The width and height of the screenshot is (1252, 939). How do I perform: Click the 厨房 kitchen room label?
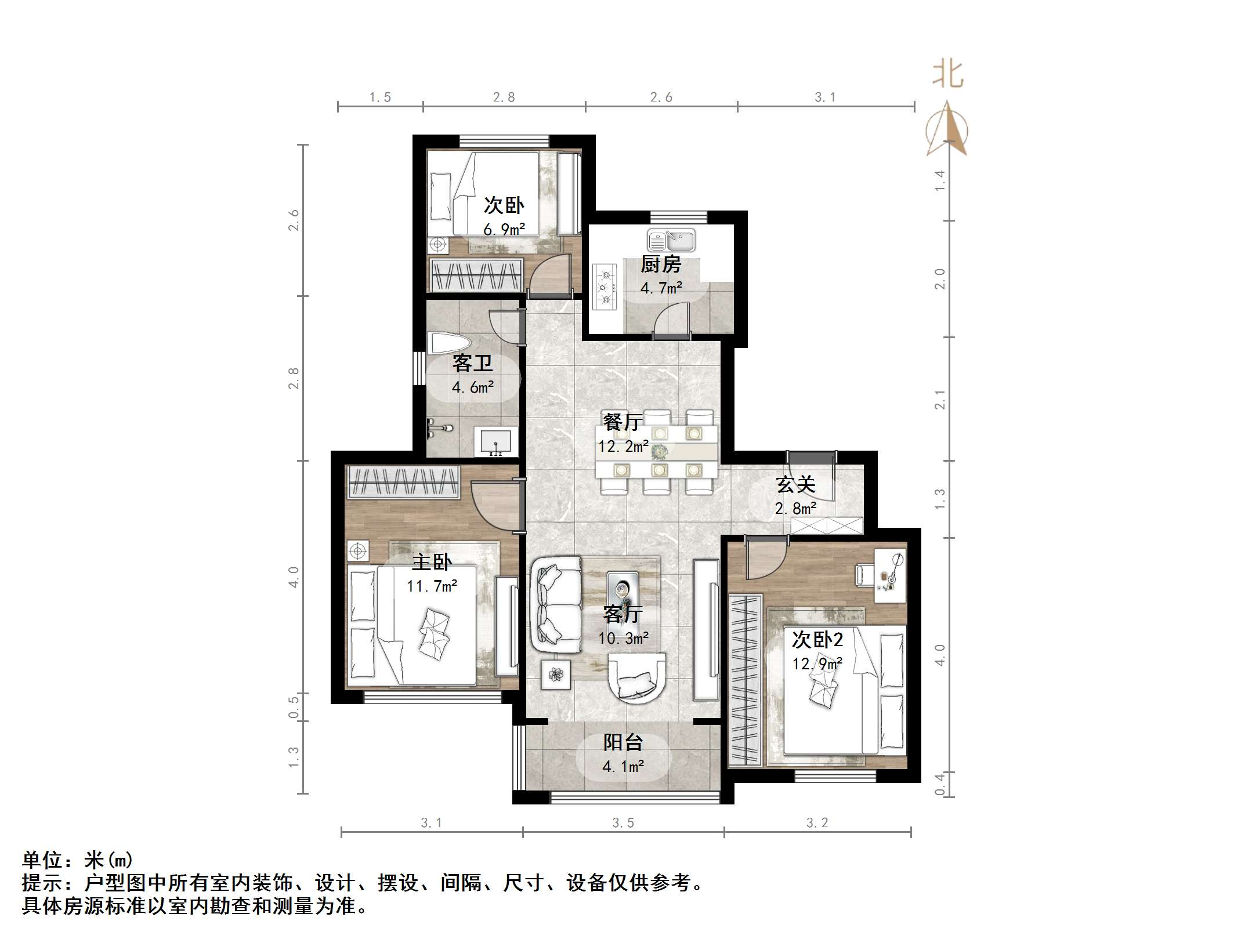660,264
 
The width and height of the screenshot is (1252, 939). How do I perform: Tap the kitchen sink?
671,241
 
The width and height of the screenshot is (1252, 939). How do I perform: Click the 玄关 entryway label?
795,484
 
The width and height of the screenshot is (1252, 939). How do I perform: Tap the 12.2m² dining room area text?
623,446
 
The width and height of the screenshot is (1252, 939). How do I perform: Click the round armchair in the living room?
636,677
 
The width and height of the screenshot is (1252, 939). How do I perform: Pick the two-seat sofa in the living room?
556,604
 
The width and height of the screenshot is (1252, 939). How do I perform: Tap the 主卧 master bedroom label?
432,561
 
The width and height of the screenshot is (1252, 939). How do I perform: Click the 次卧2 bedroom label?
817,640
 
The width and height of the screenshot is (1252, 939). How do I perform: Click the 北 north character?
947,75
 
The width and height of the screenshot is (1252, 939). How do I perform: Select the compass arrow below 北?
947,129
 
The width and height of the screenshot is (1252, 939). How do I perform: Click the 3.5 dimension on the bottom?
623,822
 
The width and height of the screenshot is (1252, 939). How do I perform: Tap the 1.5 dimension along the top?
380,97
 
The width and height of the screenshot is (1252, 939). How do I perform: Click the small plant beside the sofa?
556,674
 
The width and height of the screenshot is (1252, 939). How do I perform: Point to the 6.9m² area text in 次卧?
504,229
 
